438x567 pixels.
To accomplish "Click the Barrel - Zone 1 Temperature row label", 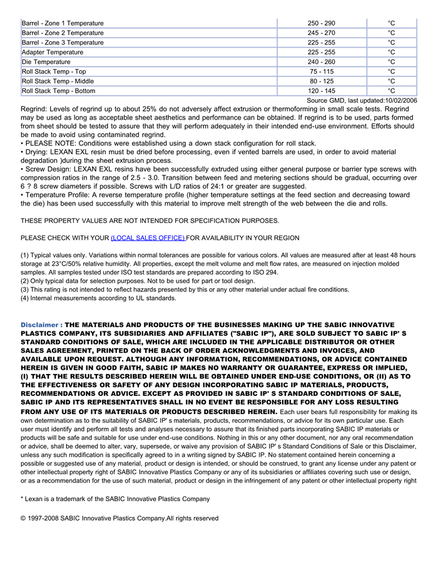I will (63, 23).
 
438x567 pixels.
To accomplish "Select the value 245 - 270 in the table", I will (322, 33).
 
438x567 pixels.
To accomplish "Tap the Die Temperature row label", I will (46, 62).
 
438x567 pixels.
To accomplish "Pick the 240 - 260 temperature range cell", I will (322, 62).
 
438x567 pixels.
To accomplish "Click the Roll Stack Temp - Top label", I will (54, 71).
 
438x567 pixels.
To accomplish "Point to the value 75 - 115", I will (322, 71).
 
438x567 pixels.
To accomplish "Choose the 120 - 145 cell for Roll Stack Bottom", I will (322, 91).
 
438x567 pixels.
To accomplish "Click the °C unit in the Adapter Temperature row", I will (391, 53).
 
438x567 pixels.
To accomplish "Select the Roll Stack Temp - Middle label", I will (58, 81).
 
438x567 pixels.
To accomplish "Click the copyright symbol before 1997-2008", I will (23, 519).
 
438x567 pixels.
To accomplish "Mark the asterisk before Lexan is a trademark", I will (23, 499).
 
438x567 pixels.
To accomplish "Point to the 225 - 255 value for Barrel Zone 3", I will (322, 43).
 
